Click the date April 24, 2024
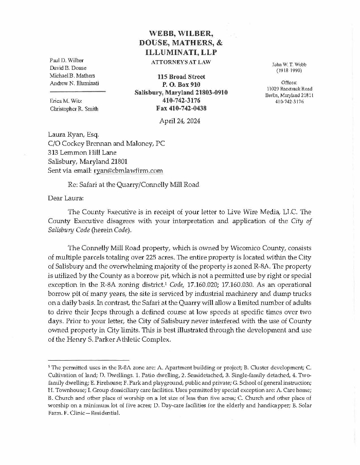pos(179,121)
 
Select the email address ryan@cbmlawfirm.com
pos(128,171)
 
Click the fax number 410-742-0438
pos(181,108)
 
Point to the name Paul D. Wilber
pos(66,61)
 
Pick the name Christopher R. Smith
pos(74,109)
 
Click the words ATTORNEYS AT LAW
pos(181,62)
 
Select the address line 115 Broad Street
pos(181,77)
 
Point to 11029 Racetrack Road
pos(290,89)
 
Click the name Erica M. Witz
pos(66,101)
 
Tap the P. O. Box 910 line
pos(181,84)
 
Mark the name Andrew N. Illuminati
pos(75,83)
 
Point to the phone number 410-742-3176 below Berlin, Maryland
pos(290,102)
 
